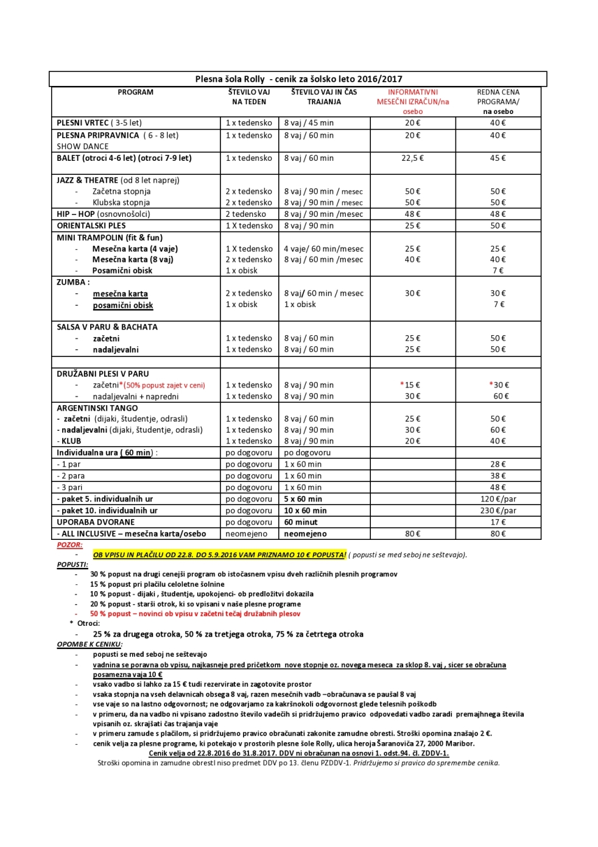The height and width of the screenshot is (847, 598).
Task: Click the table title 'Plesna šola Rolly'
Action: tap(230, 79)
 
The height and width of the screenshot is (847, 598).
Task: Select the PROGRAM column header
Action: tap(135, 92)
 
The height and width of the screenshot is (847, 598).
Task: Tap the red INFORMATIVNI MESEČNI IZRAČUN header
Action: tap(412, 101)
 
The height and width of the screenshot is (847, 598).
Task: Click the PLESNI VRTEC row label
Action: tap(82, 122)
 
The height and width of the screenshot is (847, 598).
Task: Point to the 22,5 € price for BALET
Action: tap(412, 158)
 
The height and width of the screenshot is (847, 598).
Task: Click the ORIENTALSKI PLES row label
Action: tap(91, 225)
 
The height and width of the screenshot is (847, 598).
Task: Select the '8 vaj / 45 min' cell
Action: tap(309, 122)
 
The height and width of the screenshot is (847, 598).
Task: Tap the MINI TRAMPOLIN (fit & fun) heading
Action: tap(110, 237)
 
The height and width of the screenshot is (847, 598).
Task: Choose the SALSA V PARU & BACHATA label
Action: tap(107, 327)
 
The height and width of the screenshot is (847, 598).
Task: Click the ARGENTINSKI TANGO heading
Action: tap(97, 408)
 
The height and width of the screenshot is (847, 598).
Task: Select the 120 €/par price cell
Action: tap(498, 498)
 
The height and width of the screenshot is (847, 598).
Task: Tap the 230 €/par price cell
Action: tap(498, 510)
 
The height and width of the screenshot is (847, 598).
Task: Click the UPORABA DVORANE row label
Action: tap(96, 522)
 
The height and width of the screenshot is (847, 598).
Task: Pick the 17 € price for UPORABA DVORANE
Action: tap(498, 522)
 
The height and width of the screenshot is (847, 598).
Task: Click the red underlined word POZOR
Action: tap(69, 545)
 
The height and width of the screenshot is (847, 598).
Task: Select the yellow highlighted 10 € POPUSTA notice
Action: tap(219, 555)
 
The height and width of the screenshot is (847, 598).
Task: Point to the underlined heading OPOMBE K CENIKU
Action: tap(89, 643)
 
